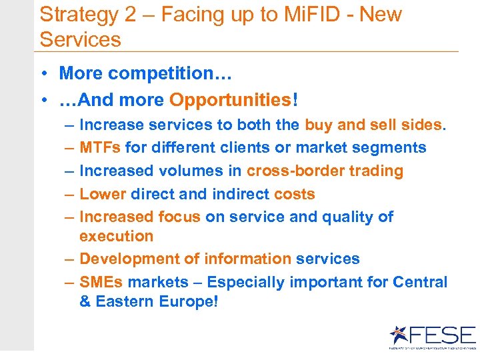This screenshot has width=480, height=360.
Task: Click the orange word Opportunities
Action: click(x=230, y=100)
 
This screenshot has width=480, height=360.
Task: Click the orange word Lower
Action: click(x=103, y=194)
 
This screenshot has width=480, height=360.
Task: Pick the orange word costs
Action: click(x=294, y=194)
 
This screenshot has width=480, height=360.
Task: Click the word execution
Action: click(x=116, y=236)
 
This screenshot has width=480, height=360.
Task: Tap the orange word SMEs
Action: click(x=101, y=282)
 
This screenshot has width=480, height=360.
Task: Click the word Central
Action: click(x=420, y=282)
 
